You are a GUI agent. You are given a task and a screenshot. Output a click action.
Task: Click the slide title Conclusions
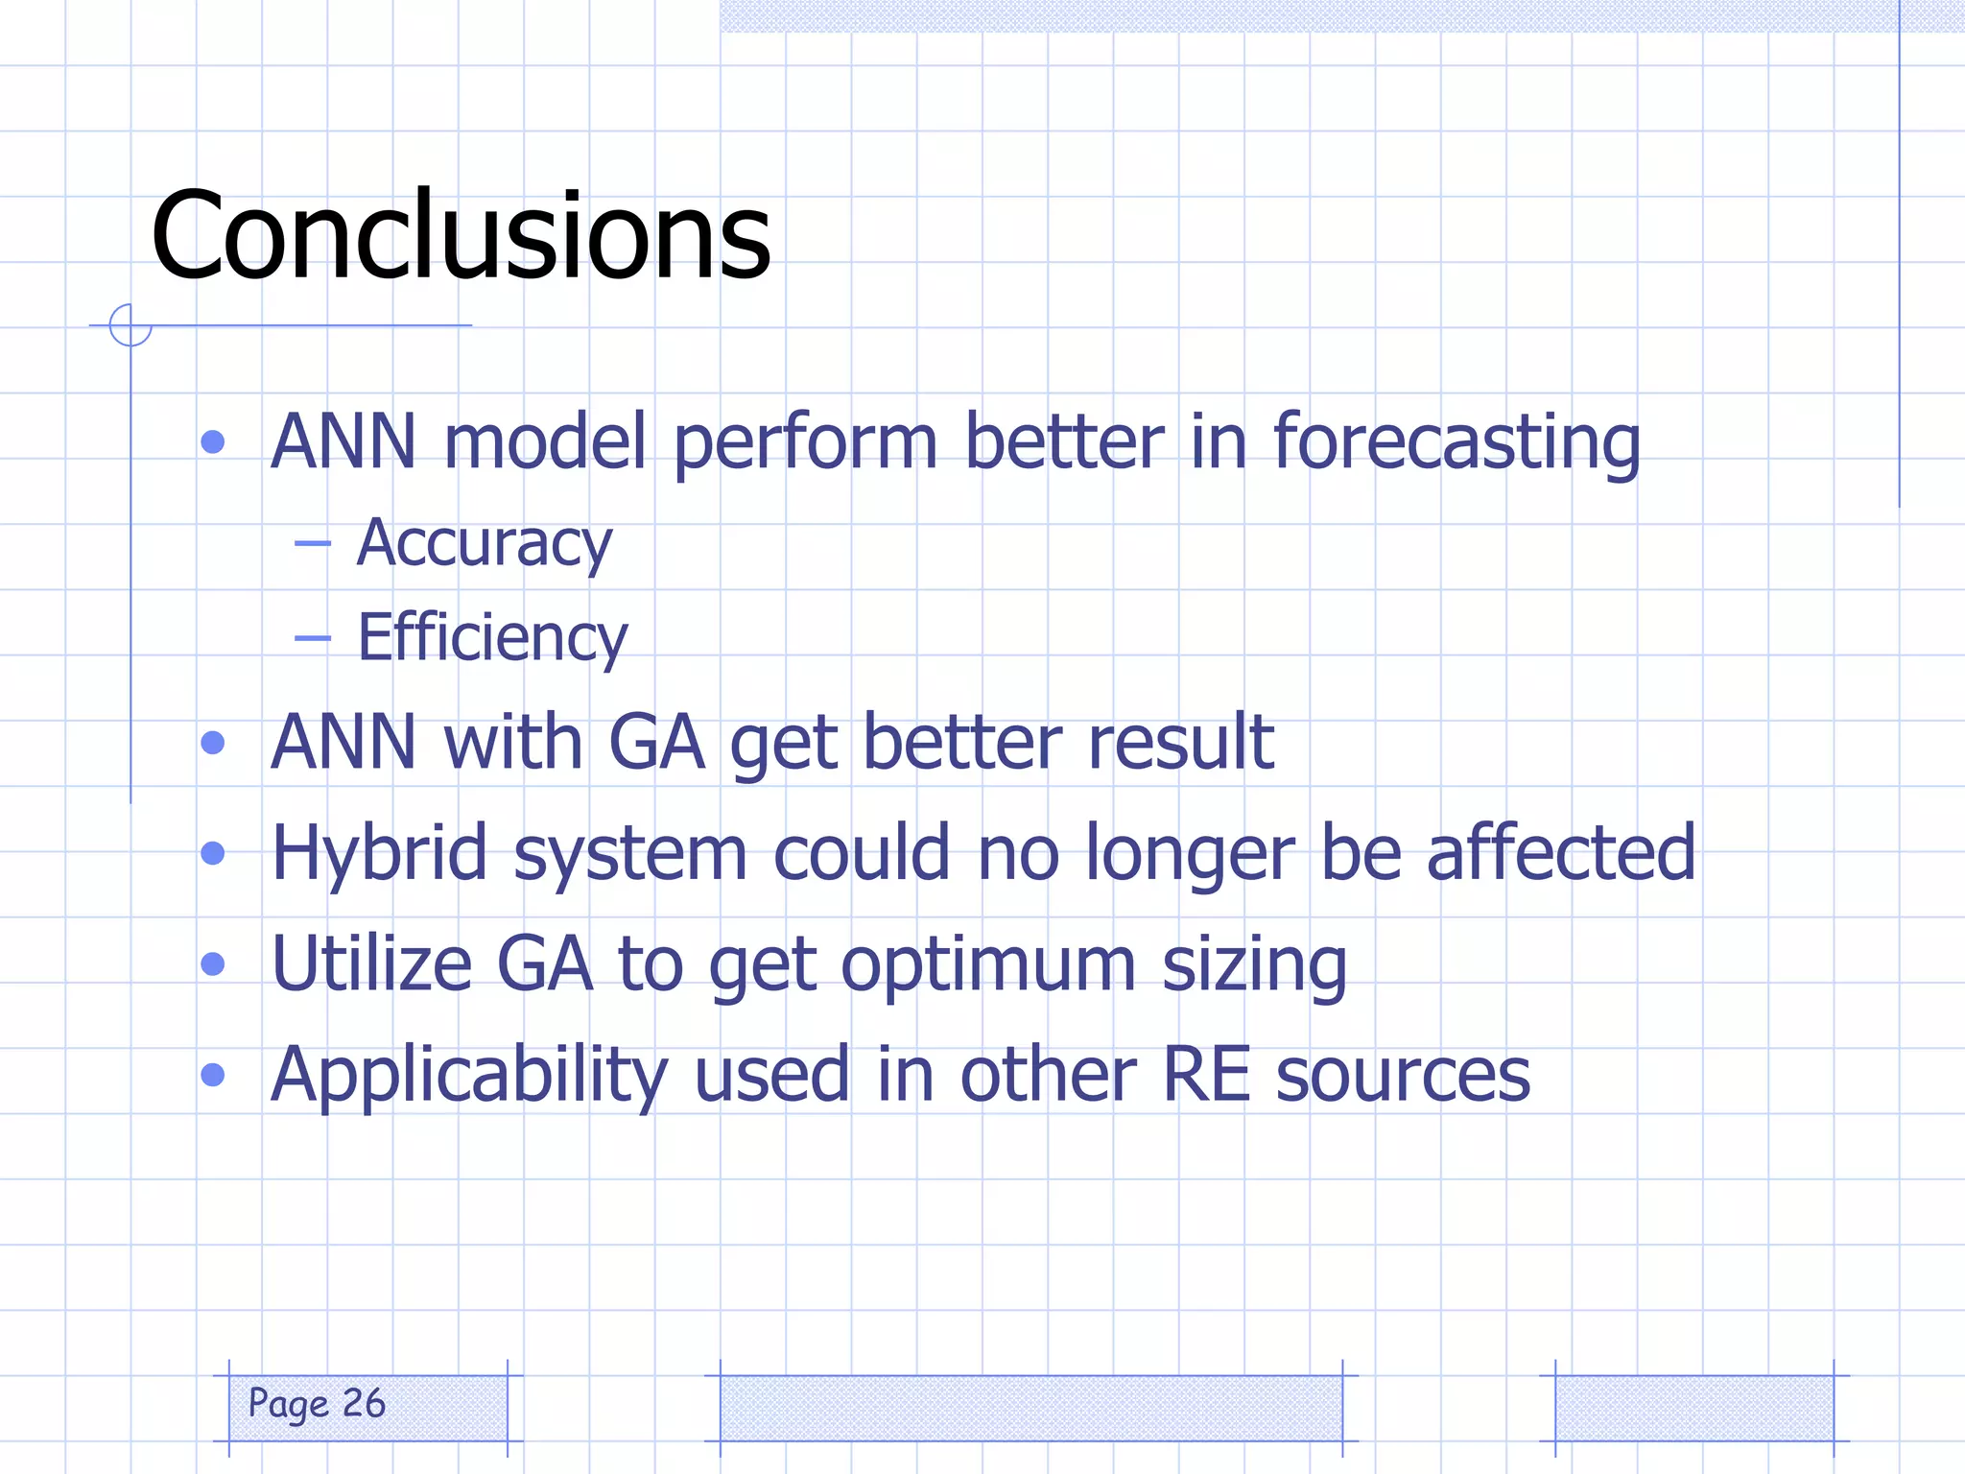point(461,235)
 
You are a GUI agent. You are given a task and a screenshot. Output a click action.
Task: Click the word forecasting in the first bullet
point(1456,443)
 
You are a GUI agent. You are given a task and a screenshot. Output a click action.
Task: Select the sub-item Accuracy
point(484,543)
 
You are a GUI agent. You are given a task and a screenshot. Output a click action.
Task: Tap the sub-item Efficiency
point(492,637)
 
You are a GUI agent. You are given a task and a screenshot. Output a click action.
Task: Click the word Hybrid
point(379,853)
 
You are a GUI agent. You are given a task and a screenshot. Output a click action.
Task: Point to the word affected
point(1560,853)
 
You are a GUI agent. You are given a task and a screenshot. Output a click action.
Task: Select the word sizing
point(1254,965)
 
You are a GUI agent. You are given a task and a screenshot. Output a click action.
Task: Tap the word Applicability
point(469,1075)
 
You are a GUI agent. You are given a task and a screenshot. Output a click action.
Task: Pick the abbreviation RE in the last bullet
point(1205,1075)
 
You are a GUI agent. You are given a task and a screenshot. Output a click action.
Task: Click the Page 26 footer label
point(317,1404)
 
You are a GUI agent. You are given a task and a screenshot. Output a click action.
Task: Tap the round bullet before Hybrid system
point(213,853)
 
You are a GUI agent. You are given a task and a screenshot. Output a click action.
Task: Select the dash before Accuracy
point(313,544)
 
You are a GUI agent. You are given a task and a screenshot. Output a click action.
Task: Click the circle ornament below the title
point(130,325)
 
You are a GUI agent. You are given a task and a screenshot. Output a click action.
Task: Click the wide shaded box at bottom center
point(1030,1407)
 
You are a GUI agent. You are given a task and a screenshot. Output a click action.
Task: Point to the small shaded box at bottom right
point(1693,1407)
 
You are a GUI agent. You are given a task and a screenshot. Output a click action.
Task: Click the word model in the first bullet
point(545,443)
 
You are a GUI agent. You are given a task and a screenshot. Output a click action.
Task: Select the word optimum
point(988,965)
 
